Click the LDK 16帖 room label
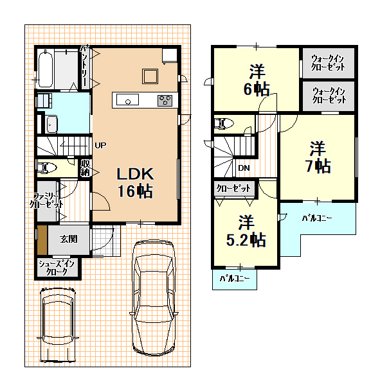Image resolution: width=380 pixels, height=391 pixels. click(x=135, y=182)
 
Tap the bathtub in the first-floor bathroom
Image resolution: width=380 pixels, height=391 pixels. click(x=46, y=68)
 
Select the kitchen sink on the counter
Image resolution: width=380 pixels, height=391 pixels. click(x=127, y=100)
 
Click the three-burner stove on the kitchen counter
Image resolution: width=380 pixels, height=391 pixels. click(x=165, y=101)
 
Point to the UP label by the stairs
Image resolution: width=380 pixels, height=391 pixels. click(x=100, y=145)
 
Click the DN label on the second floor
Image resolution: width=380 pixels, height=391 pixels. click(x=244, y=168)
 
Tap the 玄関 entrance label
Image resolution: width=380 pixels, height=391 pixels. click(x=69, y=239)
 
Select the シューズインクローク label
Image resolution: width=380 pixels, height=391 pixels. click(x=57, y=268)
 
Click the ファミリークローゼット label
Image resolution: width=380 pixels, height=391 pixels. click(x=46, y=200)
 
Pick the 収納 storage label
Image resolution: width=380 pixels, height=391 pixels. click(x=85, y=168)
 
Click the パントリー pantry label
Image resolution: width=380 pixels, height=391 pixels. click(x=84, y=66)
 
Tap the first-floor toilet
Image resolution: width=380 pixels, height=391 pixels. click(x=47, y=168)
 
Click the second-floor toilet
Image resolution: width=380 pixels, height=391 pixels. click(x=224, y=123)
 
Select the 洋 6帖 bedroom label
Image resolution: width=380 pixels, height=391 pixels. click(x=257, y=80)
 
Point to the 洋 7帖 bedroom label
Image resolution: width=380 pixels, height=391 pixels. click(x=318, y=157)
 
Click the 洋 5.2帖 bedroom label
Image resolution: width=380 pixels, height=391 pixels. click(x=246, y=230)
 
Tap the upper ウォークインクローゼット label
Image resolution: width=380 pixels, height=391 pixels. click(x=328, y=63)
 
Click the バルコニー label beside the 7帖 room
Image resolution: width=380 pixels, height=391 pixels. click(x=317, y=218)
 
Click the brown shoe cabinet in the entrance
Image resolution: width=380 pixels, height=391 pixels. click(x=42, y=240)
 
